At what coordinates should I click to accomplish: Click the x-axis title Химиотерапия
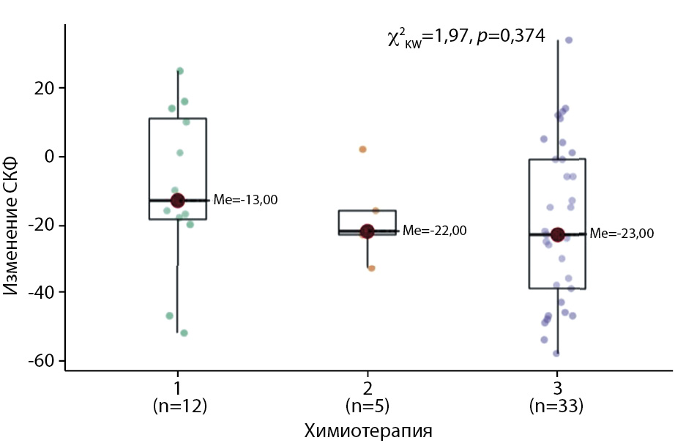pyautogui.click(x=368, y=431)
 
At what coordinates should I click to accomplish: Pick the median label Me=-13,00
pyautogui.click(x=245, y=200)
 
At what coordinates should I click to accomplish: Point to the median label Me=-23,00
pyautogui.click(x=622, y=234)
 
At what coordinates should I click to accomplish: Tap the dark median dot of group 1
pyautogui.click(x=177, y=200)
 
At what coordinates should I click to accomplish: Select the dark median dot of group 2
pyautogui.click(x=367, y=231)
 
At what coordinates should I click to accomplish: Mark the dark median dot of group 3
pyautogui.click(x=557, y=234)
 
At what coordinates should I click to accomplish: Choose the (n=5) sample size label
pyautogui.click(x=368, y=406)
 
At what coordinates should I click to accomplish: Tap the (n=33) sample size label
pyautogui.click(x=557, y=406)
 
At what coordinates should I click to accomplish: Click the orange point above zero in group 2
pyautogui.click(x=362, y=149)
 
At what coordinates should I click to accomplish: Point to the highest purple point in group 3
pyautogui.click(x=568, y=40)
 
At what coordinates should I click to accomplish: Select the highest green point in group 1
pyautogui.click(x=179, y=71)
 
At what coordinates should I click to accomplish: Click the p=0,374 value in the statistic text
pyautogui.click(x=512, y=35)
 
